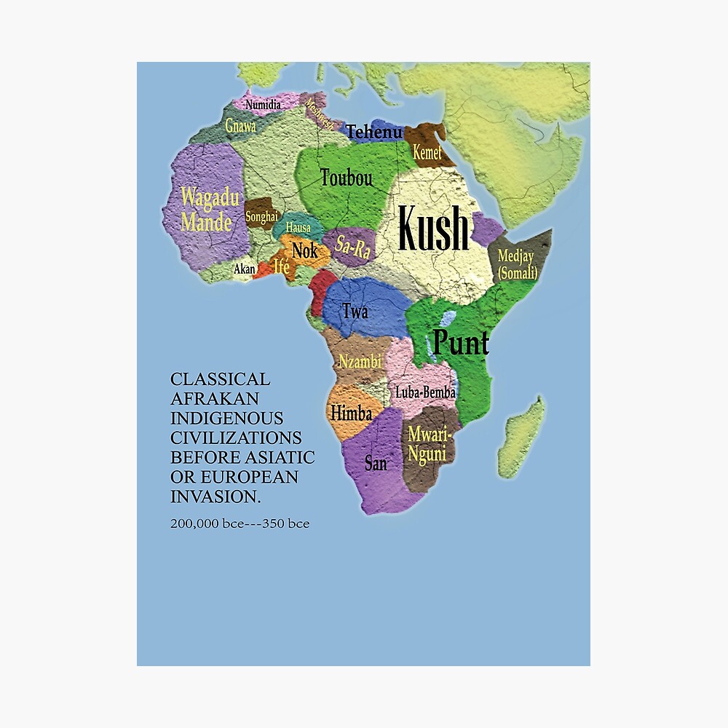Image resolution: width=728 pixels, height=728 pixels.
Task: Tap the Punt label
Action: (x=461, y=341)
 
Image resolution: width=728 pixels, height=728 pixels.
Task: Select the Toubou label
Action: (x=346, y=177)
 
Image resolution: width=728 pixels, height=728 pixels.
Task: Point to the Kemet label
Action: (x=427, y=153)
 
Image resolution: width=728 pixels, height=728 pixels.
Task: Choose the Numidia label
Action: (x=263, y=105)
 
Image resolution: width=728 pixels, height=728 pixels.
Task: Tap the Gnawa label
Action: (x=240, y=126)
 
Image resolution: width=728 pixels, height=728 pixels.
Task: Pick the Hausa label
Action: (x=298, y=227)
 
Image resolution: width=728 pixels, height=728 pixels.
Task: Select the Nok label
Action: (x=305, y=250)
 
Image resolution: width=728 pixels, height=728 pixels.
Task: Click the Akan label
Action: (x=245, y=269)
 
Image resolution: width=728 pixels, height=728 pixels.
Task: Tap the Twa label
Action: (x=355, y=312)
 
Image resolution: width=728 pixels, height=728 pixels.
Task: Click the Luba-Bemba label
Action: (x=425, y=392)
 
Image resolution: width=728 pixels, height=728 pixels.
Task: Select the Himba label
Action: (x=351, y=414)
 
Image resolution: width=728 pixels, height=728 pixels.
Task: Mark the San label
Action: (x=376, y=462)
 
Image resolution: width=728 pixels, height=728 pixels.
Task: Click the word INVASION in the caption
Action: (x=215, y=497)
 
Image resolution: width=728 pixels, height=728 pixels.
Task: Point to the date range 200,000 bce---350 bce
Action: (x=240, y=523)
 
